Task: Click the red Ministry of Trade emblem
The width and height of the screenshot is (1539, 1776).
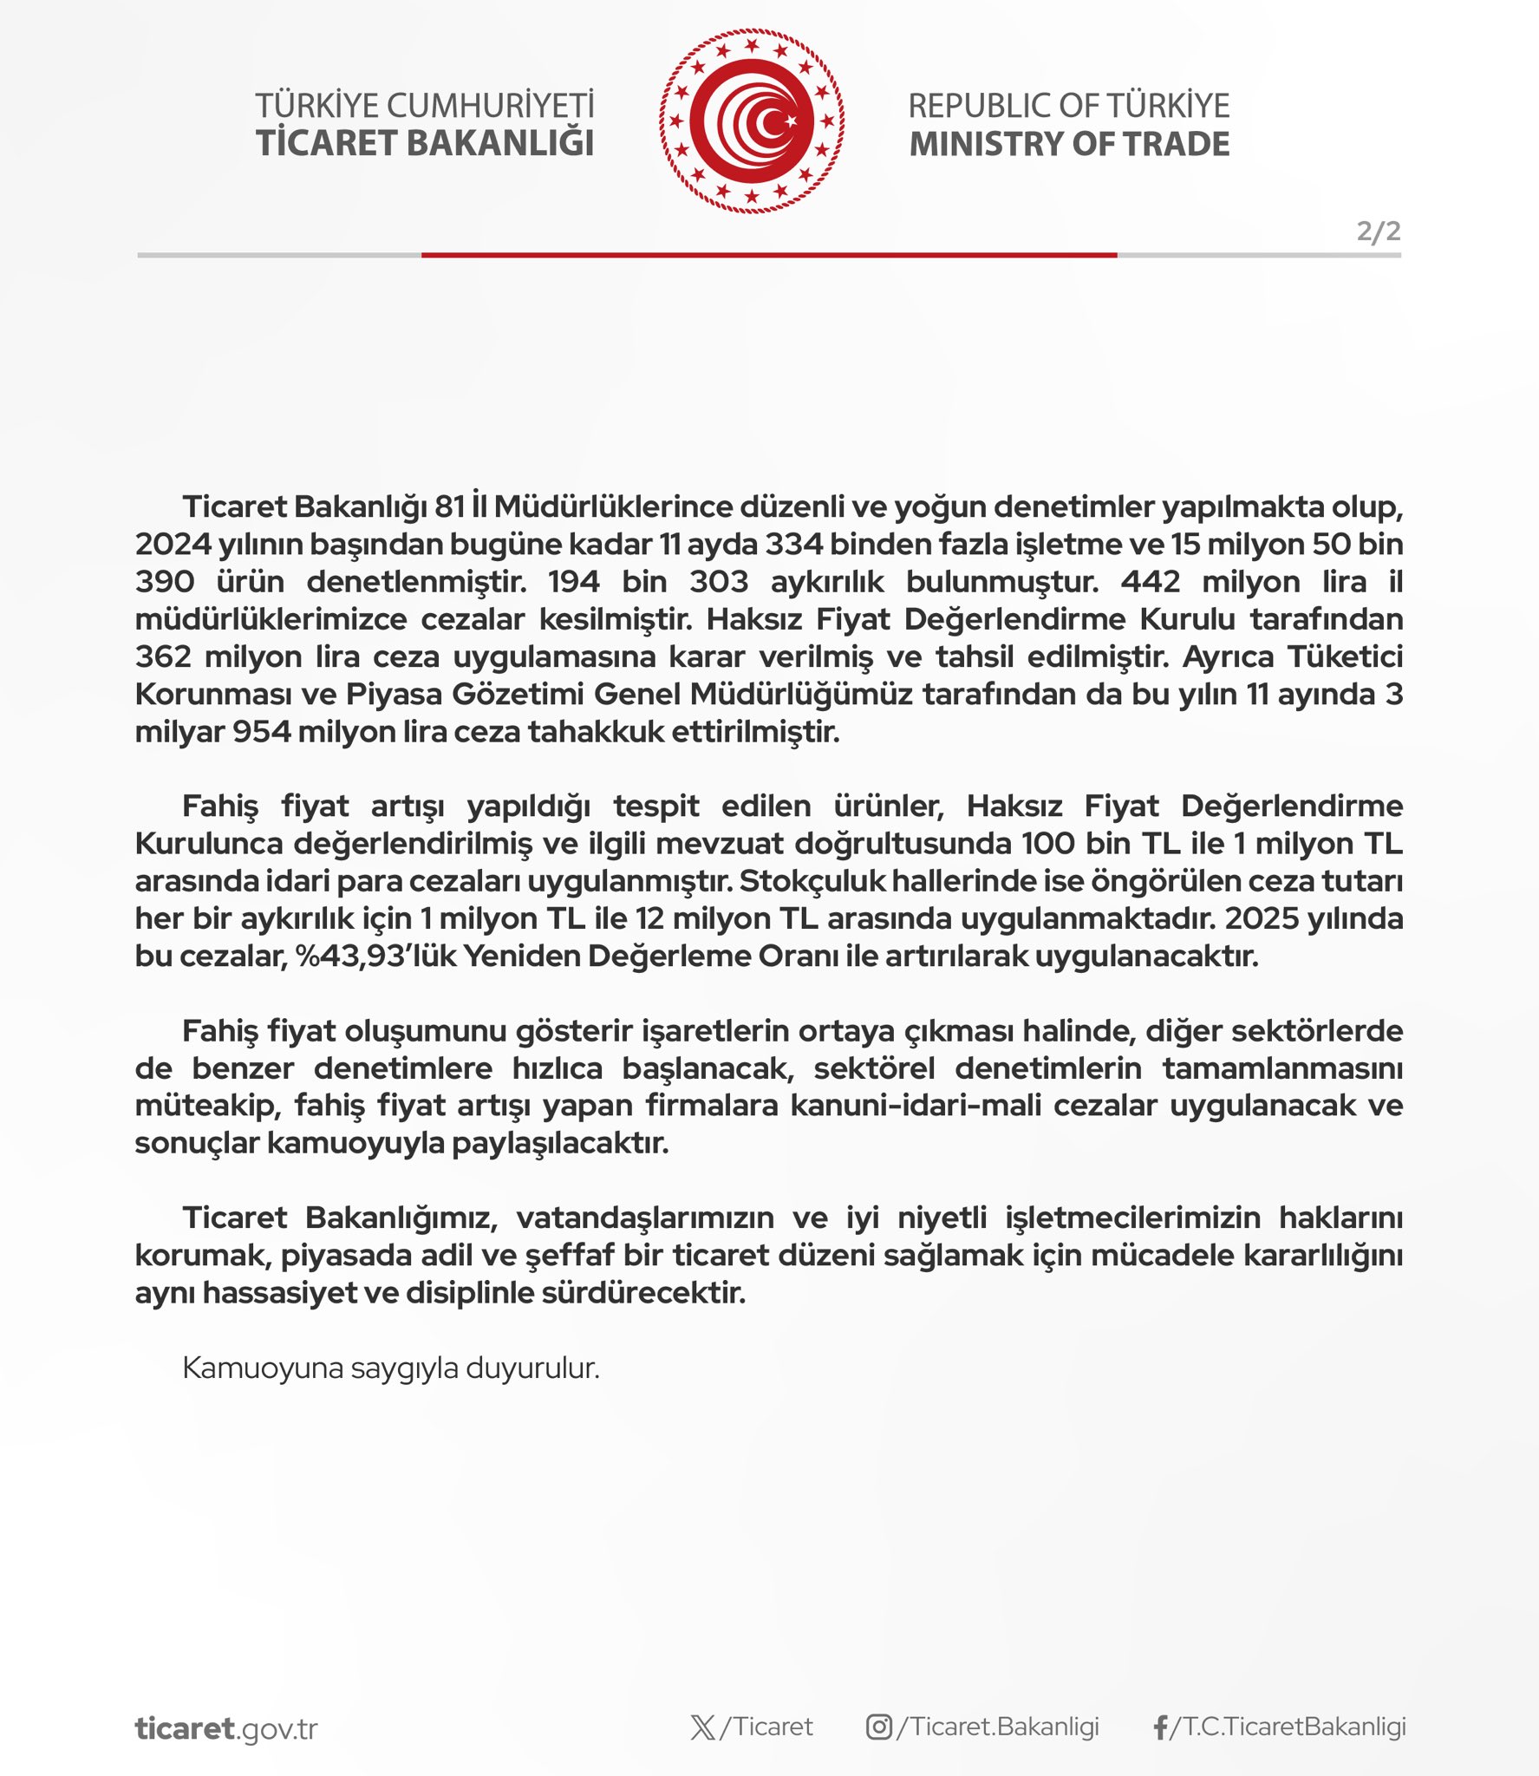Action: [x=751, y=121]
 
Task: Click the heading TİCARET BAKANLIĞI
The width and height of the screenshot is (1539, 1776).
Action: [x=425, y=144]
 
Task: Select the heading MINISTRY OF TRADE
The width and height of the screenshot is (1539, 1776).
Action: [x=1069, y=144]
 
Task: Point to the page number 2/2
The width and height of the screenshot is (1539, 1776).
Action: [x=1378, y=232]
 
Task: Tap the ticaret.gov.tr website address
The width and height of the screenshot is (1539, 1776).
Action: [x=226, y=1728]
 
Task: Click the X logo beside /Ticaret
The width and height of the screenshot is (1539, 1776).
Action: [x=703, y=1727]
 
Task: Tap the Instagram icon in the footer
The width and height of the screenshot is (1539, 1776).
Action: [x=878, y=1727]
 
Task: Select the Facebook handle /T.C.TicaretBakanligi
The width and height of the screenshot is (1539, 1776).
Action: [x=1288, y=1727]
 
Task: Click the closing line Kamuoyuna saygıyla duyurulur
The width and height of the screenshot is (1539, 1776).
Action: [x=391, y=1368]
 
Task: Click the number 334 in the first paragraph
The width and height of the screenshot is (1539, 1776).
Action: [x=792, y=545]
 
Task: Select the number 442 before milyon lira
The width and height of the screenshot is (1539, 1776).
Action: [x=1151, y=582]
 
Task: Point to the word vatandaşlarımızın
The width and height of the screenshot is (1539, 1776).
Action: [x=645, y=1218]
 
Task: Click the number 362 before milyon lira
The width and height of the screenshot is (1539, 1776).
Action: [x=163, y=657]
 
